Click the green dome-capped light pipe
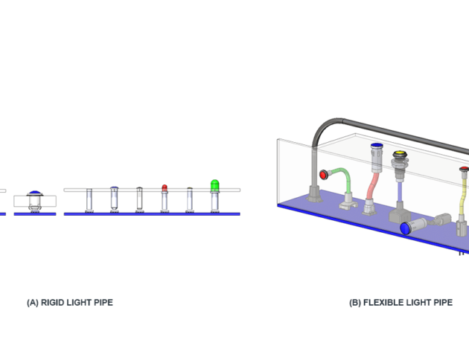tap(215, 185)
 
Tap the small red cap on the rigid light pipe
tap(165, 187)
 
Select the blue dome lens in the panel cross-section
tap(35, 193)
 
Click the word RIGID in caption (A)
tap(52, 303)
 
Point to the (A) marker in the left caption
tap(33, 303)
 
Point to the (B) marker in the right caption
tap(355, 303)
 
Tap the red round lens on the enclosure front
tap(324, 176)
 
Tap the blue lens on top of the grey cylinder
tap(377, 146)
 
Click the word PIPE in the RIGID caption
tap(103, 303)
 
